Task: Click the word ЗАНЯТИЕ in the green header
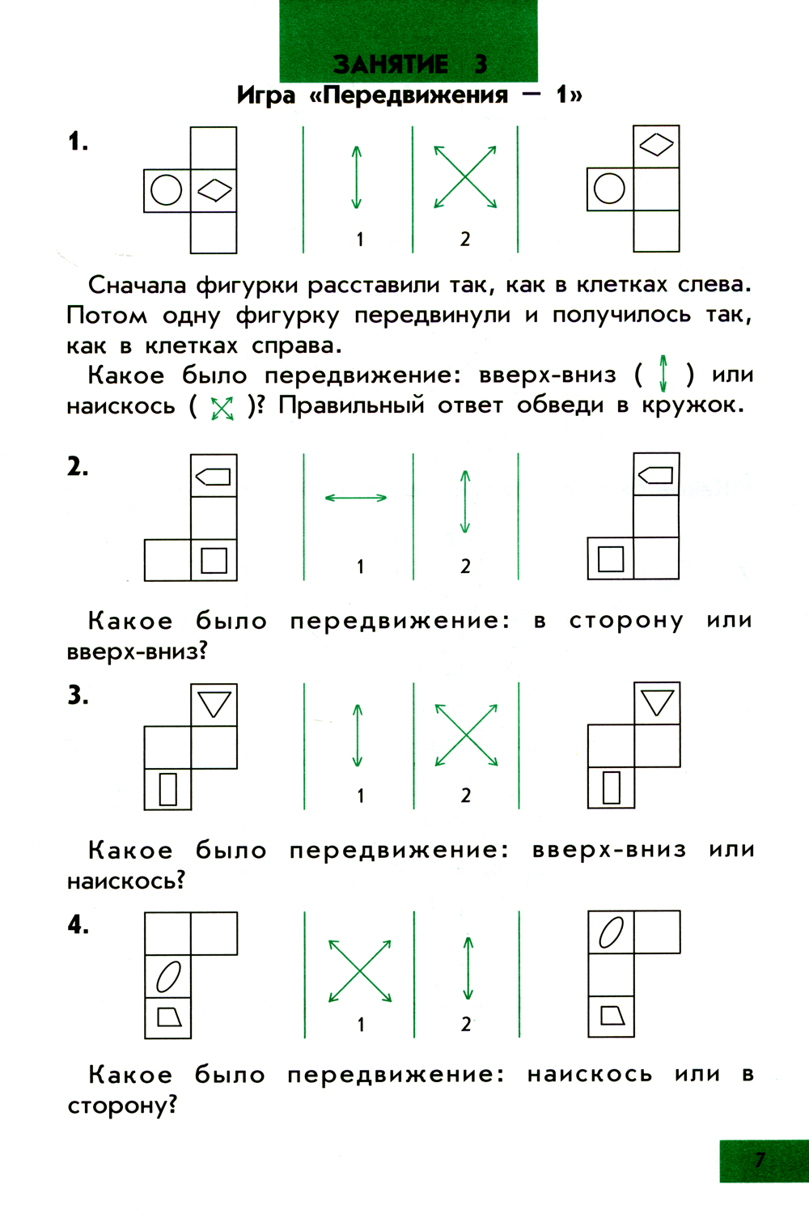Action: pos(391,64)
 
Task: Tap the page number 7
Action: pos(760,1160)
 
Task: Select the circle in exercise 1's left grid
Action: pos(166,190)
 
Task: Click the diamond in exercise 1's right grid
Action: pos(656,145)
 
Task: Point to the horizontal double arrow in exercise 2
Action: pos(356,498)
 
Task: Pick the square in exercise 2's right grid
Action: pos(611,559)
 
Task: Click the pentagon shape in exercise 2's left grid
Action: pos(213,477)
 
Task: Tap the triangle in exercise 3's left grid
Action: pos(214,704)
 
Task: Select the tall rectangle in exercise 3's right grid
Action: pos(612,788)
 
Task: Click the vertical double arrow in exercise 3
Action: pos(357,735)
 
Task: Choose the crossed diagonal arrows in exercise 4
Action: pos(360,971)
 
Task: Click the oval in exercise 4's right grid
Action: pos(612,932)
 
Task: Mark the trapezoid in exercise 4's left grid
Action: pos(169,1017)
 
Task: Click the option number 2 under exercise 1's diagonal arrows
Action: pos(465,239)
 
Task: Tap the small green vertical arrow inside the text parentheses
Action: pos(663,373)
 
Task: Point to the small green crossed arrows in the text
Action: pos(222,409)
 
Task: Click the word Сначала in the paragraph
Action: pos(137,285)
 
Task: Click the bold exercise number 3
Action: pos(78,695)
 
